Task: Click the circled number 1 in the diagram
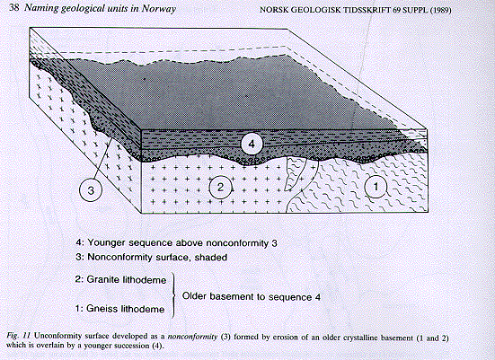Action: click(376, 187)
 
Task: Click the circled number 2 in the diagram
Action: click(220, 188)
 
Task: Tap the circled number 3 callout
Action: click(91, 190)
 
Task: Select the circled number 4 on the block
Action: click(252, 145)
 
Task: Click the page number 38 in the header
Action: click(14, 7)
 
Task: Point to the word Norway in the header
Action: click(158, 8)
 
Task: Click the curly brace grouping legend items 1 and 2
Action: click(173, 295)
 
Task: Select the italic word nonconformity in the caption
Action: click(192, 337)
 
